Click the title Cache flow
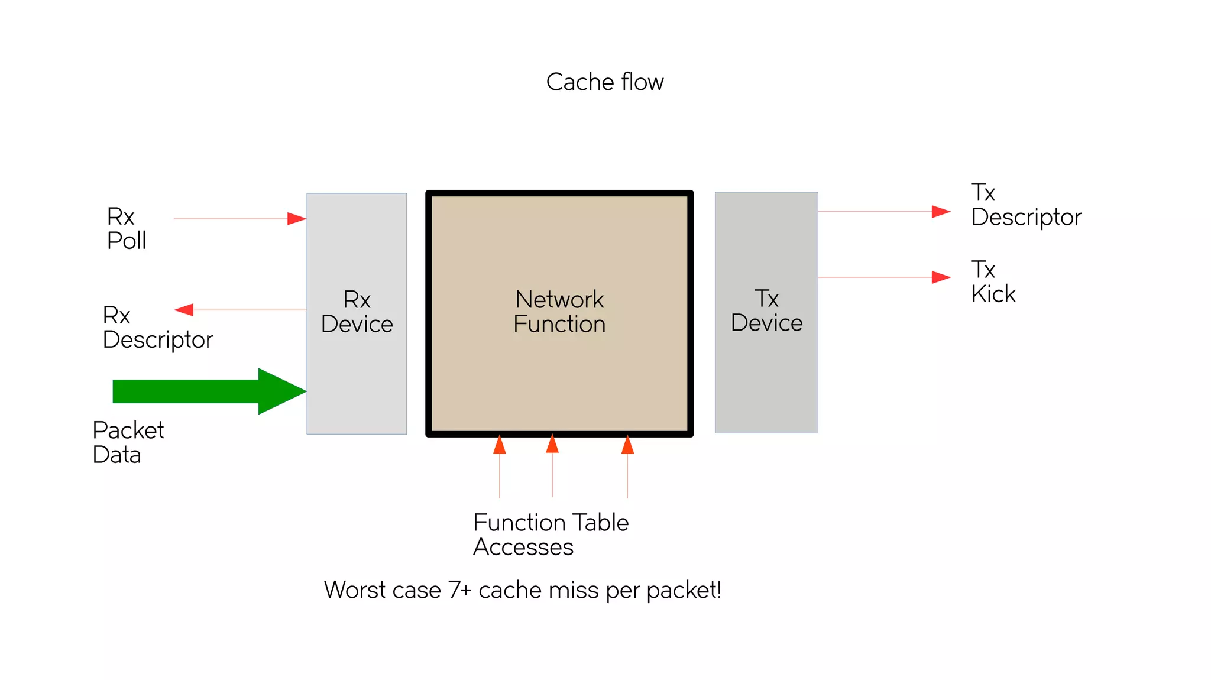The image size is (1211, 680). [604, 82]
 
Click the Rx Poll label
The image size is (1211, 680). [126, 229]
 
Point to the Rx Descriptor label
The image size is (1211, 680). [157, 328]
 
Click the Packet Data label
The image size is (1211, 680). [128, 442]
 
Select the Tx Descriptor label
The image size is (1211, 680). [1026, 205]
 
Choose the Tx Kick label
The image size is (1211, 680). [993, 282]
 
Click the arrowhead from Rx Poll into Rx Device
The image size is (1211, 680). [296, 219]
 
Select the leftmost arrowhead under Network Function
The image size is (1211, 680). [500, 445]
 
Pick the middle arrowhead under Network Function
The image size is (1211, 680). [552, 444]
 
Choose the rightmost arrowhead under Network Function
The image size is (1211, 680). [627, 445]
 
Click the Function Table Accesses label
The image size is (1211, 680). [550, 535]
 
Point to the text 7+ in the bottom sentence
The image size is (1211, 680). [459, 590]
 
